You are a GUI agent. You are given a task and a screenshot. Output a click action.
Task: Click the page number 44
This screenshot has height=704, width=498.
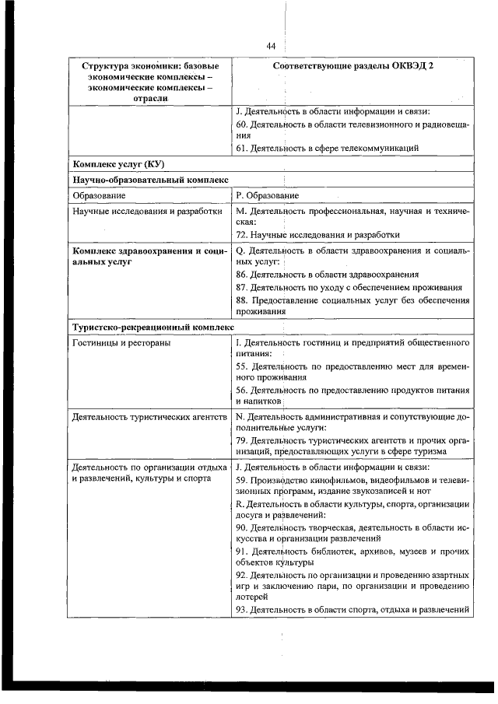271,47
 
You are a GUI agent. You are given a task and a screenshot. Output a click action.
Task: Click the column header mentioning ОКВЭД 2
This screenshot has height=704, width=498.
353,66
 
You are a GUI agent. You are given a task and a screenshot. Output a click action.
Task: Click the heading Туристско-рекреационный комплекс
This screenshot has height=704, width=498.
152,327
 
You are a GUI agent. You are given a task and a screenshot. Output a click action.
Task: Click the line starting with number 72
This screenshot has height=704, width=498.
317,234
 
